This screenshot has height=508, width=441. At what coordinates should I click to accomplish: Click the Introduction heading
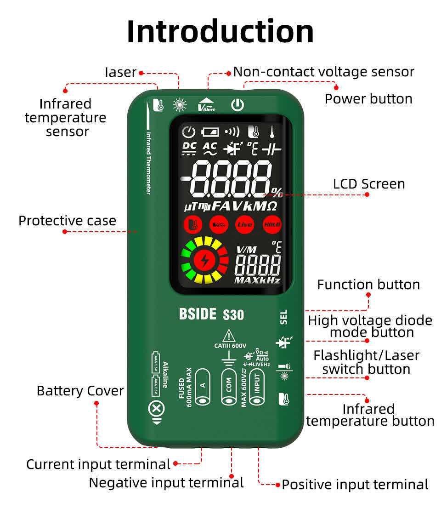220,31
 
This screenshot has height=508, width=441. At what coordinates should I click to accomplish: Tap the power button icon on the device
237,105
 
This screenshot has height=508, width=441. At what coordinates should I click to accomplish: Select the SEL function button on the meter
283,317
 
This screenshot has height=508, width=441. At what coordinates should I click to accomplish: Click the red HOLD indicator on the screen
272,225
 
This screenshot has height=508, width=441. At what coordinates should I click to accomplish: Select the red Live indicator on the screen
244,225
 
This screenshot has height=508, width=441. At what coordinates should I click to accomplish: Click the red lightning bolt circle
204,260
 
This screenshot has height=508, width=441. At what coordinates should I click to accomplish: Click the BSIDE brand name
198,314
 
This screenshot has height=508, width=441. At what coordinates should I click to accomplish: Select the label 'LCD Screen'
369,184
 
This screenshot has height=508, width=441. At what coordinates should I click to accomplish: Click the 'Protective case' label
67,221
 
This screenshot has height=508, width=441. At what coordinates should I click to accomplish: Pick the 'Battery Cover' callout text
80,391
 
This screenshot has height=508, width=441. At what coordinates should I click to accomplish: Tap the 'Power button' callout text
368,99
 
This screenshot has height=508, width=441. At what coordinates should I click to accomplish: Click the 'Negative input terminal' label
166,483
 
